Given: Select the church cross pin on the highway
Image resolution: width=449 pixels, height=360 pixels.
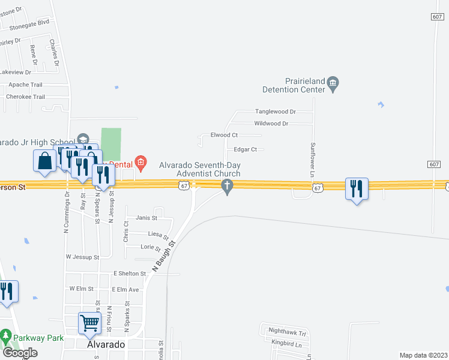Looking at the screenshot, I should pos(227,187).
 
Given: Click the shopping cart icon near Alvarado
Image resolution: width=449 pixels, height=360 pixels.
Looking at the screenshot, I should pos(90,323).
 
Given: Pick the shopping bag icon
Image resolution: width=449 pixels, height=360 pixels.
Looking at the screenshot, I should pos(44,161).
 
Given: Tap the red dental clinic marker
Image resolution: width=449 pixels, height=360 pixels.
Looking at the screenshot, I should pos(140,161).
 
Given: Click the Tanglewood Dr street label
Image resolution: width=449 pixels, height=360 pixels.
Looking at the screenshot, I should pos(276,112).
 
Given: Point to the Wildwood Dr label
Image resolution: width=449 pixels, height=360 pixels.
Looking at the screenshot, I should pos(271,124).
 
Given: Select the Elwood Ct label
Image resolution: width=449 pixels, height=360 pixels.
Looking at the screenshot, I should pos(224,135).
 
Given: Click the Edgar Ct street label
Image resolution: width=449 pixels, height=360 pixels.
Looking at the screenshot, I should pos(246,149).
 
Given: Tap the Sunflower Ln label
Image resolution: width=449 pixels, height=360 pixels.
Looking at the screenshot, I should pos(313,159).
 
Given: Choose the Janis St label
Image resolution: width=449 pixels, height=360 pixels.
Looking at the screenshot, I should pos(146,218).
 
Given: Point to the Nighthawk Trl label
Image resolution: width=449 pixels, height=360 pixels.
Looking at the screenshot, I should pos(288,332).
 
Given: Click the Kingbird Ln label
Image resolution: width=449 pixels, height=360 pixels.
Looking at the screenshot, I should pos(286,344).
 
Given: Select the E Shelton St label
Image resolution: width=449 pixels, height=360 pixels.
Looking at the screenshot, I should pos(130,274).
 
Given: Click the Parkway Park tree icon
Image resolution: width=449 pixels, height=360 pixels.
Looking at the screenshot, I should pos(6,335).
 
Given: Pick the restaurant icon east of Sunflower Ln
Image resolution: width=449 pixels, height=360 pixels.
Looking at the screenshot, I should pos(357,189).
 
